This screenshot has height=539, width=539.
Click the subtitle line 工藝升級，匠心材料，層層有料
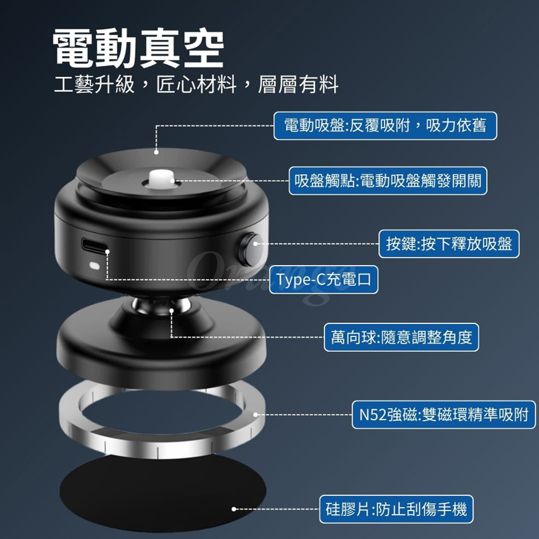coord(196,84)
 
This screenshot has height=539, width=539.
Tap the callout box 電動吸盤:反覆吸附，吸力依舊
coord(385,126)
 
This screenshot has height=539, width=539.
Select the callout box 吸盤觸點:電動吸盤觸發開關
coord(388,181)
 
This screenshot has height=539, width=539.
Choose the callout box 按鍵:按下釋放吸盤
coord(449,244)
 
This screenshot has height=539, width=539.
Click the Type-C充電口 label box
coord(323,279)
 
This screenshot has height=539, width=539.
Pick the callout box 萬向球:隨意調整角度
coord(401,337)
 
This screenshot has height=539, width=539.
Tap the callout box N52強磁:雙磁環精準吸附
coord(444,414)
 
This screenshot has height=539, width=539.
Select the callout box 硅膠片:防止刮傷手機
coord(396,509)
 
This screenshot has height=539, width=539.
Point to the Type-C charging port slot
coord(94,246)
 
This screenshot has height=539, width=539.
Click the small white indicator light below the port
coord(94,266)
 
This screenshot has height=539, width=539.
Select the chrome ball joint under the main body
coord(162,306)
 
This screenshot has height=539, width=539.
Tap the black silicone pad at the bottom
coord(163,492)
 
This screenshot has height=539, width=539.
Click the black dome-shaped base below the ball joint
coord(161,347)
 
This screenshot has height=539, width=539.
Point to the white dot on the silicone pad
coord(234,509)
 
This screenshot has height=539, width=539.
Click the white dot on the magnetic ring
coord(255,414)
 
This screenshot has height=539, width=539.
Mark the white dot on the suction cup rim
coord(156,152)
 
